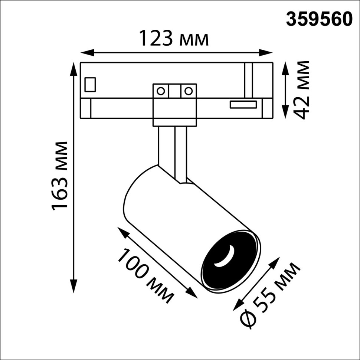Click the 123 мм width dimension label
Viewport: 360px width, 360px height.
tap(174, 38)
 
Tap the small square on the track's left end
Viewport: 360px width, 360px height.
tap(90, 84)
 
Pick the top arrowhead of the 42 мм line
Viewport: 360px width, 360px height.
tap(285, 67)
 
